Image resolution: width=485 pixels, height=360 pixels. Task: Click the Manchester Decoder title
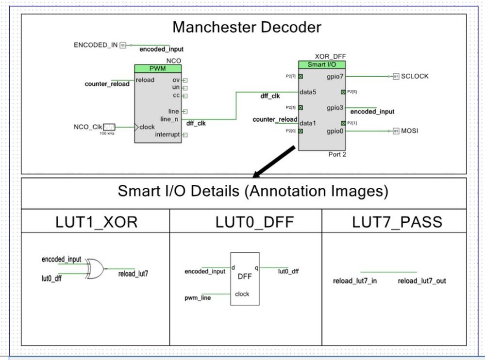[x=247, y=27]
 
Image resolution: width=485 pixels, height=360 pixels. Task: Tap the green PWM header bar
[x=158, y=68]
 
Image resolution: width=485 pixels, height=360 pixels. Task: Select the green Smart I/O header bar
[x=322, y=65]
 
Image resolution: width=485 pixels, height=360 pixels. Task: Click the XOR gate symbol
[x=95, y=268]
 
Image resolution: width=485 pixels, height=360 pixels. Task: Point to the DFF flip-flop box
[x=245, y=278]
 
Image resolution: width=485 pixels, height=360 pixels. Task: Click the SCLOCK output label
[x=414, y=76]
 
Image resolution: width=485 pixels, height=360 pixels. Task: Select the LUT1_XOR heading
[x=95, y=222]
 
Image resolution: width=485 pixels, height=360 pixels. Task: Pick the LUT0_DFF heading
[x=245, y=222]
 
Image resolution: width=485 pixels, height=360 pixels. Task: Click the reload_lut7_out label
[x=421, y=281]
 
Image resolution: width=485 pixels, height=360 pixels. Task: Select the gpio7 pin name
[x=335, y=76]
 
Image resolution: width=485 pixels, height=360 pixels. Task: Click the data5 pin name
[x=308, y=92]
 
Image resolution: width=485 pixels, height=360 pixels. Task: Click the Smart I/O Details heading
[x=252, y=191]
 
